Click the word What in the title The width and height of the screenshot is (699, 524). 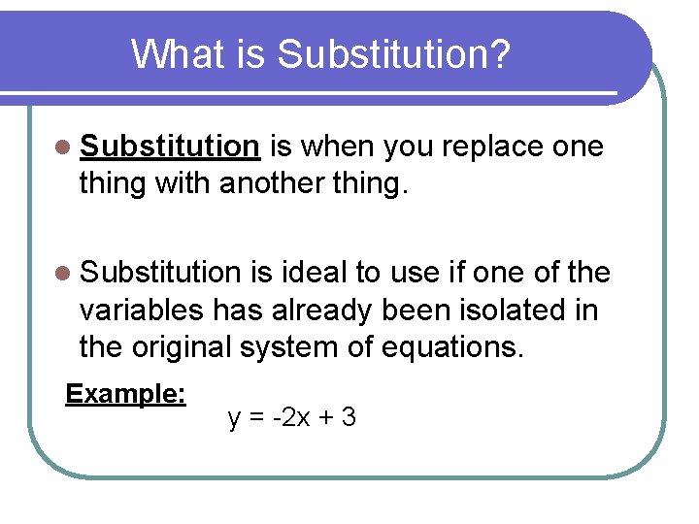[175, 55]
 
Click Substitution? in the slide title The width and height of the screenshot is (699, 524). [393, 55]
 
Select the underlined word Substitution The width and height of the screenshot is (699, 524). [170, 147]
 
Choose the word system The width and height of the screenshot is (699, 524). [307, 346]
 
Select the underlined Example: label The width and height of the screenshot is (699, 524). [125, 394]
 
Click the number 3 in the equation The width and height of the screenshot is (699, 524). [349, 418]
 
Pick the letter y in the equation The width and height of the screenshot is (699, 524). [234, 419]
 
